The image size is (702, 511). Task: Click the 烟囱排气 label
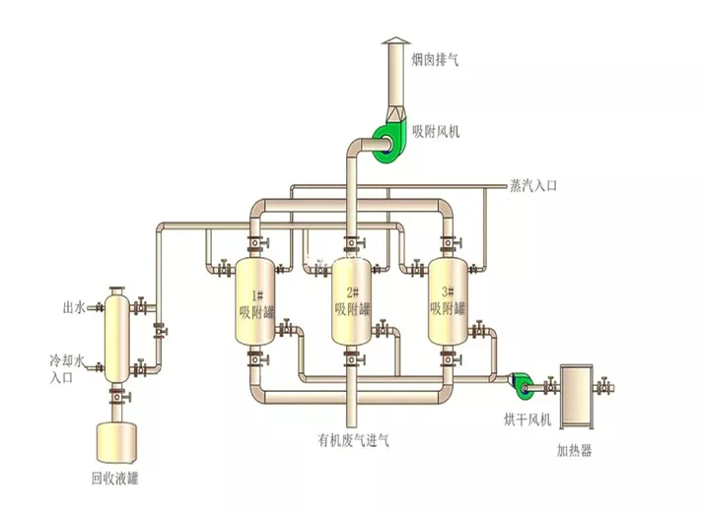tap(435, 59)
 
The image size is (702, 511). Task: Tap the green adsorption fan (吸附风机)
tap(386, 144)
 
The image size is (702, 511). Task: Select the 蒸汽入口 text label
tap(533, 185)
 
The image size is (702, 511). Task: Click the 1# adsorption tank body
tap(254, 301)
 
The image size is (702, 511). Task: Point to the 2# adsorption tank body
tap(351, 302)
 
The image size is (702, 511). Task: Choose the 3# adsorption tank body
tap(448, 301)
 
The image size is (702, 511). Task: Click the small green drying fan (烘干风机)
tap(522, 384)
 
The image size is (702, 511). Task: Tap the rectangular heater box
tap(577, 397)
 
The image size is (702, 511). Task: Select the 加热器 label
tap(575, 450)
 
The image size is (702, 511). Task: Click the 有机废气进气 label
tap(353, 441)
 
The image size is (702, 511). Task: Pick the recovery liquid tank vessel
tap(117, 443)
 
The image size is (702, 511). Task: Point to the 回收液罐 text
tap(115, 479)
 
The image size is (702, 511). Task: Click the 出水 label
tap(73, 307)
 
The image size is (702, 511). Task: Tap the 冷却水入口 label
tap(67, 369)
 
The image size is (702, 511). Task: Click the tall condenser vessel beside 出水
tap(116, 336)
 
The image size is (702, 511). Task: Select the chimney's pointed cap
tap(396, 40)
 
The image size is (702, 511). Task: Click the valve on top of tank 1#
tap(257, 242)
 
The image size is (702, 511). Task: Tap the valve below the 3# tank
tap(450, 358)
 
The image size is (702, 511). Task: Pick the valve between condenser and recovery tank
tap(118, 397)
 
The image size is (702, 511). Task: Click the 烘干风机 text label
tap(527, 419)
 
